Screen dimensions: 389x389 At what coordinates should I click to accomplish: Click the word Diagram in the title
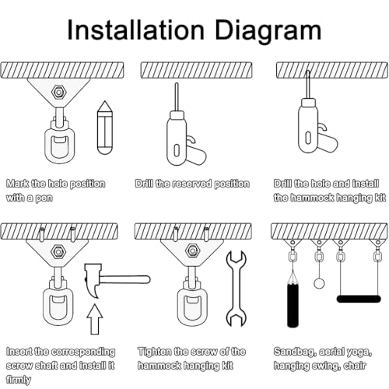click(x=268, y=31)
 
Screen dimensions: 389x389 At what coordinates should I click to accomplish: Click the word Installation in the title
click(x=135, y=30)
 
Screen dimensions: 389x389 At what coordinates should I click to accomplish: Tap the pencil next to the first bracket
click(x=105, y=128)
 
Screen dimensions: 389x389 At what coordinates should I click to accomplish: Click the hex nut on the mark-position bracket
click(x=58, y=92)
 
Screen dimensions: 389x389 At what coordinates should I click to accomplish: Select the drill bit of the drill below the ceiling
click(x=177, y=97)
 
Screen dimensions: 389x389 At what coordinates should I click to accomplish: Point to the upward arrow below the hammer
click(x=95, y=319)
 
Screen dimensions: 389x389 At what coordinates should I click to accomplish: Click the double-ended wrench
click(x=236, y=289)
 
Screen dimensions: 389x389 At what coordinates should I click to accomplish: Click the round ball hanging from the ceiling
click(x=319, y=283)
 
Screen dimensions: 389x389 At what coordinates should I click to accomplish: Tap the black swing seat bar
click(x=359, y=299)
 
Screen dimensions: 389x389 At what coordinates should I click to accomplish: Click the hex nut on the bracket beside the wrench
click(x=192, y=251)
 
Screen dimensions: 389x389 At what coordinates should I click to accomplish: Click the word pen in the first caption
click(x=44, y=198)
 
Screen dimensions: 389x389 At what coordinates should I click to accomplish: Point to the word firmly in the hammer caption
click(x=19, y=380)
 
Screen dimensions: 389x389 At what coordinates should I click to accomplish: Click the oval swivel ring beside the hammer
click(x=58, y=302)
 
